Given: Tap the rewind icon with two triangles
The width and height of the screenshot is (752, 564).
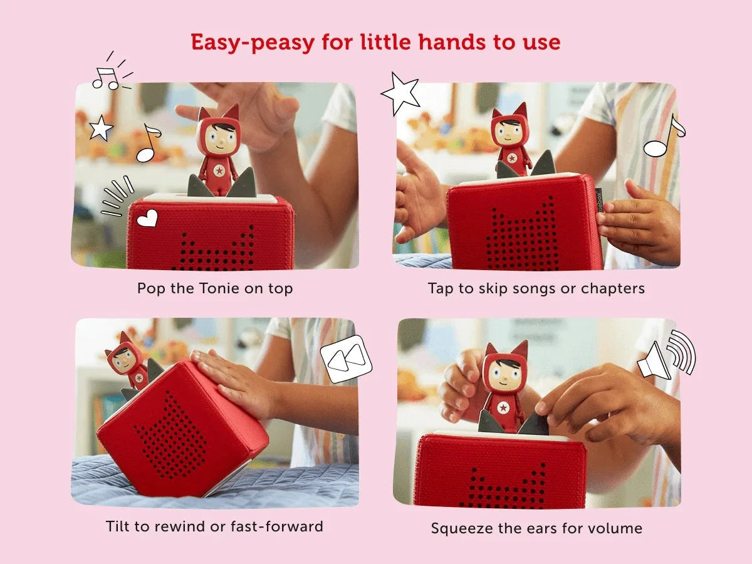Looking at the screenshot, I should pos(345,358).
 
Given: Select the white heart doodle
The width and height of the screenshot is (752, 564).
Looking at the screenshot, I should pos(147,218).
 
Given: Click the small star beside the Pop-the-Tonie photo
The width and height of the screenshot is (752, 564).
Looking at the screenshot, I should pos(100,128).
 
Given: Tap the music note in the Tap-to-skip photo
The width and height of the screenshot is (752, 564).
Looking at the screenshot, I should pos(664,138).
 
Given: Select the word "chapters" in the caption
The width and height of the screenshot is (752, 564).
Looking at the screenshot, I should pos(613,288).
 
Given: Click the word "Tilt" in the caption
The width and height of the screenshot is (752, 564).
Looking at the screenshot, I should pos(119,526).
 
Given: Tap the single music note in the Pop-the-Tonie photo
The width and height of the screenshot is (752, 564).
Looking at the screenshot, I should pos(149,142).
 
